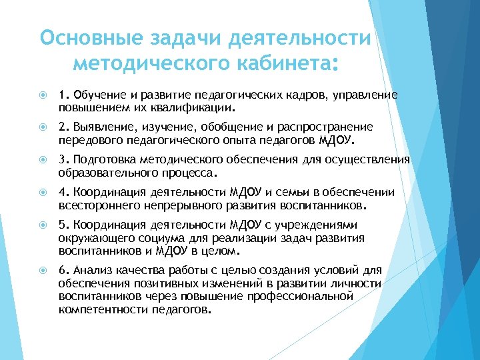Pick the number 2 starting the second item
point(62,127)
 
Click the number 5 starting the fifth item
point(62,225)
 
